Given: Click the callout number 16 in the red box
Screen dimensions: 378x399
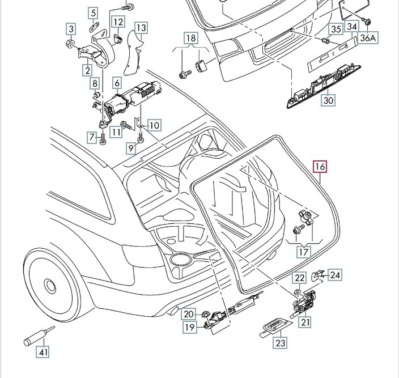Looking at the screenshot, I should pos(320,167).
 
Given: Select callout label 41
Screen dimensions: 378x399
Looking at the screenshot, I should pos(43,352).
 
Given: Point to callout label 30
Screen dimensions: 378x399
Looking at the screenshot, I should pos(329,101).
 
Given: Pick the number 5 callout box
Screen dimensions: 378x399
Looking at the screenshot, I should pos(94,12).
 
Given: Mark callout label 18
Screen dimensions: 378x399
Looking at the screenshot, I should pos(191,39).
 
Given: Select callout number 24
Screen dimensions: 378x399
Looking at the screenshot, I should pos(336,275).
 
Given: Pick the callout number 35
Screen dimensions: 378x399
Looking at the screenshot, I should pos(335,29).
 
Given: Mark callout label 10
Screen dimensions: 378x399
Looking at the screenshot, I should pos(154,125).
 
